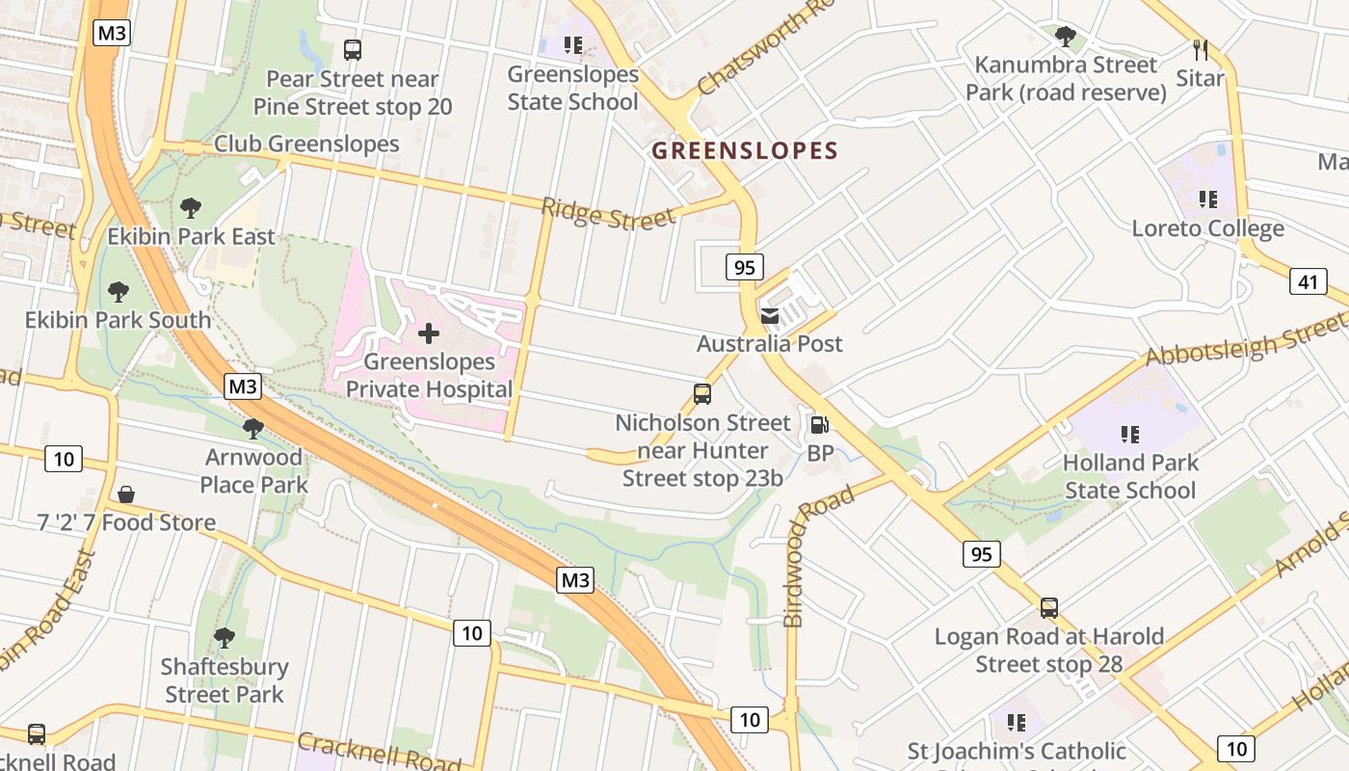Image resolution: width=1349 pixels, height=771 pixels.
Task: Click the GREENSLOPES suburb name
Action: (x=745, y=150)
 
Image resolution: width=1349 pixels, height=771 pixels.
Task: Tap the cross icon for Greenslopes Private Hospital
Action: (x=429, y=333)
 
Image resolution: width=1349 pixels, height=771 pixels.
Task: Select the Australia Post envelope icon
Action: (x=770, y=315)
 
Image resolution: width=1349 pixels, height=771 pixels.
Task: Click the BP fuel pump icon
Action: (x=819, y=424)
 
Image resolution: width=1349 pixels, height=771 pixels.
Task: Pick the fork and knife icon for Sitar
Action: (x=1200, y=49)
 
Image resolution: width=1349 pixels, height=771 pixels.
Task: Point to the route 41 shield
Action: (x=1308, y=281)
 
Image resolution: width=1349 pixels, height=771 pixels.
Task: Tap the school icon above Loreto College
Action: (x=1207, y=199)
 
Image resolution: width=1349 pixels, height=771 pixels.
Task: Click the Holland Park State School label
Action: (x=1130, y=476)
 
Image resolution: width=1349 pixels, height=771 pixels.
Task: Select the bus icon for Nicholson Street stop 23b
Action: (x=702, y=394)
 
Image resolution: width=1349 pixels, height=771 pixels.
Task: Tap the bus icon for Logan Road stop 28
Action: (x=1049, y=608)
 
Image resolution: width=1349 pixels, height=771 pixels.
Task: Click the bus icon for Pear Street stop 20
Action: (x=353, y=49)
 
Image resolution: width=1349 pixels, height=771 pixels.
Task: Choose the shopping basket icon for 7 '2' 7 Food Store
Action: (x=126, y=494)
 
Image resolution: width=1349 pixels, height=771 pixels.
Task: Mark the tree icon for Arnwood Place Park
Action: (x=253, y=428)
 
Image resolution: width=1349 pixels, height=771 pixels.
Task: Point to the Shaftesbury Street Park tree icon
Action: (x=225, y=637)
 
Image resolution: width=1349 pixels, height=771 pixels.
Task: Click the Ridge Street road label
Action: (x=608, y=214)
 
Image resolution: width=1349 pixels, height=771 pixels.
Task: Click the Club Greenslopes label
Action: (x=306, y=144)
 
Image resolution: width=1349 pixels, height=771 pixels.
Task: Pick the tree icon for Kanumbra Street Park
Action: (x=1065, y=37)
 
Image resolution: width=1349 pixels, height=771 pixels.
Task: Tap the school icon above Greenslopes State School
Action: (x=573, y=44)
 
